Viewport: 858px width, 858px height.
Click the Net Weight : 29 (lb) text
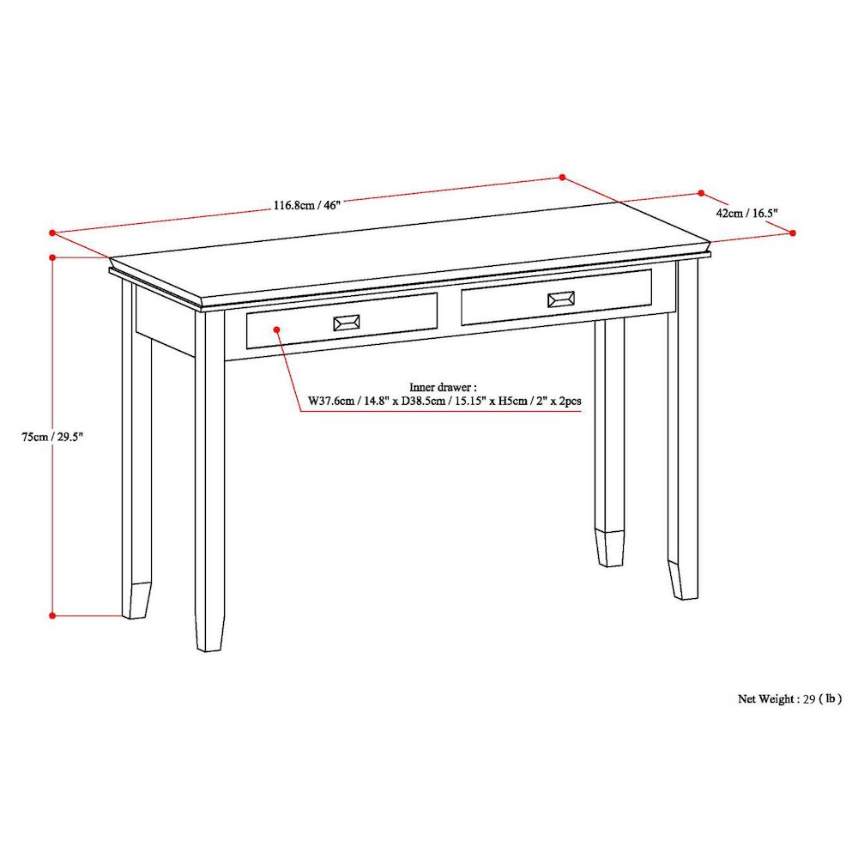(x=789, y=698)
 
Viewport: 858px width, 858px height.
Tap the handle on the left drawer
(x=346, y=323)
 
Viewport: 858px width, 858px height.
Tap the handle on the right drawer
(x=561, y=299)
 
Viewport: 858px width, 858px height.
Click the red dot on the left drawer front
(x=276, y=328)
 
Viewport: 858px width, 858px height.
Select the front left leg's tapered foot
(x=208, y=633)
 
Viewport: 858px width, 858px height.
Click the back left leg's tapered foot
(x=136, y=600)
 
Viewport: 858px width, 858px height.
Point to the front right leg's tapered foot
(x=683, y=581)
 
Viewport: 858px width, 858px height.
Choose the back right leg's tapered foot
(x=610, y=548)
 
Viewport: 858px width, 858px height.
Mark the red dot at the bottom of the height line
(x=52, y=614)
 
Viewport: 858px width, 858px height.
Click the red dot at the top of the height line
(x=52, y=257)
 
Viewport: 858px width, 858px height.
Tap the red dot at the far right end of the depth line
(x=793, y=233)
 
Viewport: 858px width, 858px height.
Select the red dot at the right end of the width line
(x=563, y=178)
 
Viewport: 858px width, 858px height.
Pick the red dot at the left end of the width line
(x=52, y=232)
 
